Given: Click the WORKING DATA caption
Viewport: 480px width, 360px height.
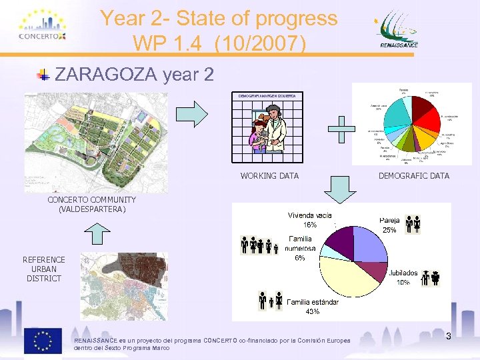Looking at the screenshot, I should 269,176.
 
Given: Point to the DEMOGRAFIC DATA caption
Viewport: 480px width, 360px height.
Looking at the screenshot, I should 413,176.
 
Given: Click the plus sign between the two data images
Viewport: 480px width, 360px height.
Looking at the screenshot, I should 341,129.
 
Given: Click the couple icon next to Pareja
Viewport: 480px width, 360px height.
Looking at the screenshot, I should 413,225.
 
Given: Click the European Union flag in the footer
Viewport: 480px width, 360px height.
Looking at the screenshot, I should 43,341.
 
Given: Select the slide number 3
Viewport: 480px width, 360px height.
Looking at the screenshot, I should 449,337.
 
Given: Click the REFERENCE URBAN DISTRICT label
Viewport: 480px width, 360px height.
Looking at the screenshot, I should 44,269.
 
